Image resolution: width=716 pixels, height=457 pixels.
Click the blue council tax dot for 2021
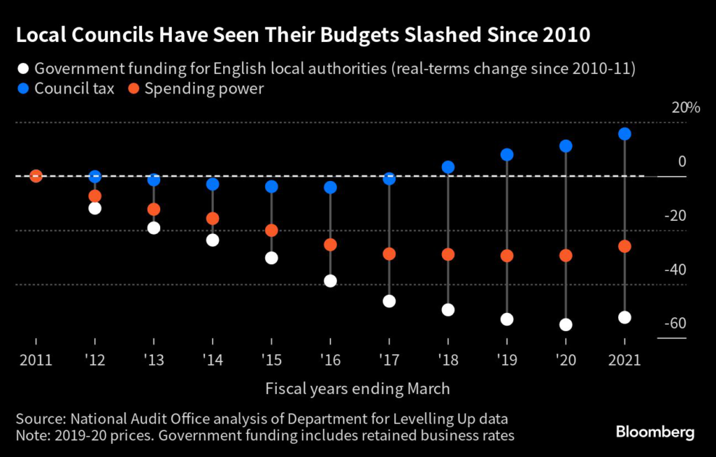click(x=625, y=133)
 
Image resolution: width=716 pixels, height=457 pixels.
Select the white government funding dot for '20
click(x=566, y=324)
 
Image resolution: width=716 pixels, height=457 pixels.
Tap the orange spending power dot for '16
click(x=331, y=245)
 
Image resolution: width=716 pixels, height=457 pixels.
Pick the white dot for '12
click(x=95, y=208)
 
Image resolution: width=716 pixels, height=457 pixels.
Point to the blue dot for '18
click(x=448, y=167)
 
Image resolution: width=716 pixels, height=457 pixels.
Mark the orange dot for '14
click(x=213, y=218)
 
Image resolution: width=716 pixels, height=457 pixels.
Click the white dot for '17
click(x=389, y=301)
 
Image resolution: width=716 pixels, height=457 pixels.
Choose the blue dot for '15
click(x=271, y=187)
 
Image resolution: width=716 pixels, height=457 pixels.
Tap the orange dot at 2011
click(x=36, y=176)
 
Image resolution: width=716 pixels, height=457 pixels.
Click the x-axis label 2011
click(x=36, y=360)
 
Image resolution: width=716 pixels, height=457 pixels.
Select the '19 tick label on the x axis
click(x=507, y=360)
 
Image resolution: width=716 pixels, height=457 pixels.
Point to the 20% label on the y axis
click(x=685, y=108)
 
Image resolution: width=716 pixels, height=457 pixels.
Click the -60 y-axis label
click(x=676, y=324)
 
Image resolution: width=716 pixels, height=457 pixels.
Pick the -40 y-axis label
click(x=676, y=270)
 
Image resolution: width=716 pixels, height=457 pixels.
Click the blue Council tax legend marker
click(x=23, y=89)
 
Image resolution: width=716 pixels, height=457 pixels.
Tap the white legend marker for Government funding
click(x=23, y=69)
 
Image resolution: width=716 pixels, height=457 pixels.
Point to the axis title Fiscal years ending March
click(x=357, y=389)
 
